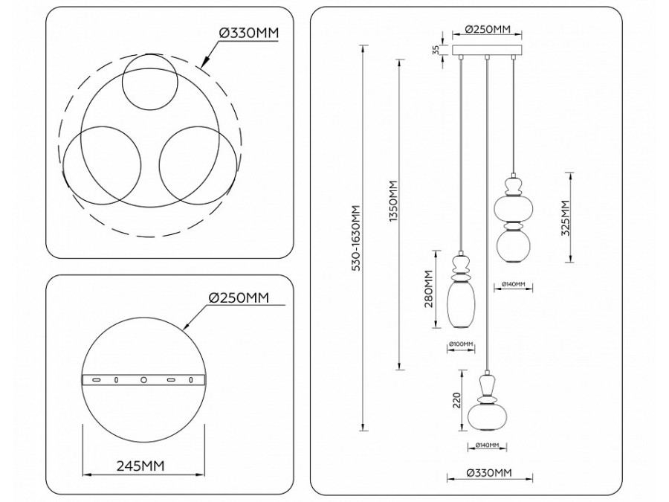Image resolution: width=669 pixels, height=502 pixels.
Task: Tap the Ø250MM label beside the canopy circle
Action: pos(237,298)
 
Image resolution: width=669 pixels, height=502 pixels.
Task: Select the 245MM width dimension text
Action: pos(140,466)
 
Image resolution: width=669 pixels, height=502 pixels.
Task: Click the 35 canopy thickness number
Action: pos(435,50)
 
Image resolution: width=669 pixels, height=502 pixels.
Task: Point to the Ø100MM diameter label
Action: pos(461,344)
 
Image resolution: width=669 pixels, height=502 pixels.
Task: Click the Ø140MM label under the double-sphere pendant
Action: pos(513,284)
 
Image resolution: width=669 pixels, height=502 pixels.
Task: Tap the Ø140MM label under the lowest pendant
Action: pos(486,445)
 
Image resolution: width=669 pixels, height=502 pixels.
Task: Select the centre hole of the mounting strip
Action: pos(143,380)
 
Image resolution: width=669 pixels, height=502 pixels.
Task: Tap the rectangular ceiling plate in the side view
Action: pos(487,51)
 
